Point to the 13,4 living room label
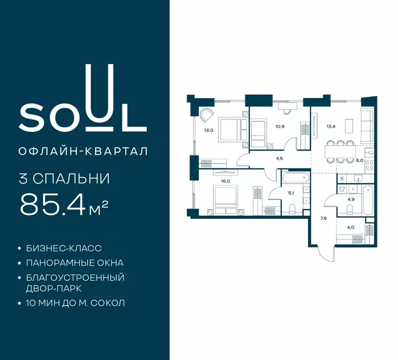331,126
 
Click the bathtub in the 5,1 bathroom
295,177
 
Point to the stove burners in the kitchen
369,165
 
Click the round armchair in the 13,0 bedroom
206,115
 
